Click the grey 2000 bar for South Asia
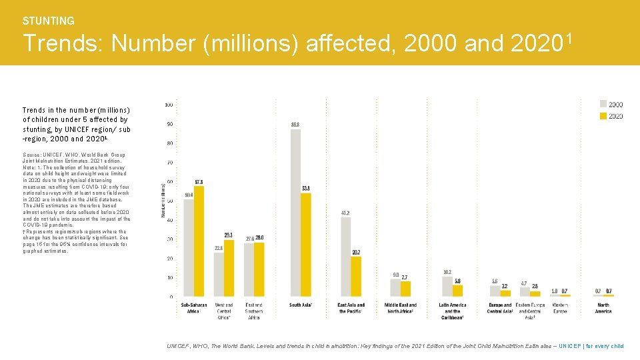pos(295,213)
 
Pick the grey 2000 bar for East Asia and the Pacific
pos(345,257)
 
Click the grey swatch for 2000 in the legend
pos(603,104)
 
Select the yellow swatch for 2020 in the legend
pos(603,116)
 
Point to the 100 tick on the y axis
pos(169,105)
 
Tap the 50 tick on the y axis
pos(169,201)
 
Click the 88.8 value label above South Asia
pos(295,125)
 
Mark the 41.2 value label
pos(345,213)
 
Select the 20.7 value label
pos(356,253)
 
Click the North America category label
pos(603,308)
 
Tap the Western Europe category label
pos(559,308)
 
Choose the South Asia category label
pos(301,305)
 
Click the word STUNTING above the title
pos(49,21)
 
